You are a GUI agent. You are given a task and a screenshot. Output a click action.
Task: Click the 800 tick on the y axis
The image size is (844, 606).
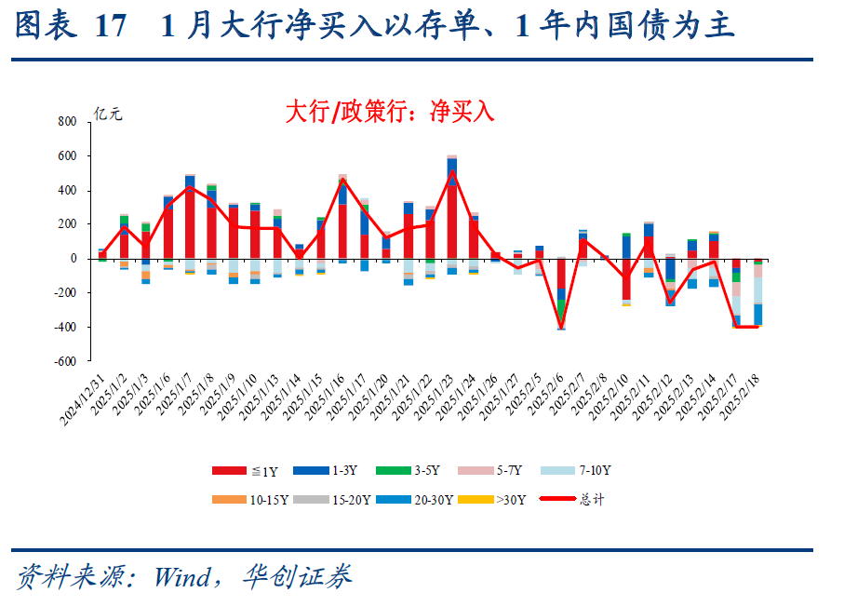[67, 122]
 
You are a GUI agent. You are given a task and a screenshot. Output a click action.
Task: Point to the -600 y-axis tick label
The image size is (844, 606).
[64, 362]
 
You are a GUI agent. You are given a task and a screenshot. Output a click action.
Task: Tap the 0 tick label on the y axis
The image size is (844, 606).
[73, 259]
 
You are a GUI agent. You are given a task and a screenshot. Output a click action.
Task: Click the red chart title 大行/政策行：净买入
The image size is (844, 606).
[390, 113]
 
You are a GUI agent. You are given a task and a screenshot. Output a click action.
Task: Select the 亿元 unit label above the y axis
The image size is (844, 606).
[107, 115]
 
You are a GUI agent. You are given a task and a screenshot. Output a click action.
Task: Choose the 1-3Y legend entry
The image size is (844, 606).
[333, 471]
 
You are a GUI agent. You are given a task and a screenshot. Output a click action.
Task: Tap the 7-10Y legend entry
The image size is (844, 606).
[587, 471]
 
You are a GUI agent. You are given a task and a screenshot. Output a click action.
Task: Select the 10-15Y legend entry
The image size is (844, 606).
[250, 500]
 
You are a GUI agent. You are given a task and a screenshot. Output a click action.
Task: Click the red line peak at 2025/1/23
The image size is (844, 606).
[451, 171]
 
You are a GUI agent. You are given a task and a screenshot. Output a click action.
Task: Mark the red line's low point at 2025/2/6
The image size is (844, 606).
[561, 328]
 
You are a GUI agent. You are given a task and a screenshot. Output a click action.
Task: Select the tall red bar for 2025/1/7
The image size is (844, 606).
[190, 223]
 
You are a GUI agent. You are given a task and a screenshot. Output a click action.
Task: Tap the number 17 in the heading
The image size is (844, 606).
[110, 26]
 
